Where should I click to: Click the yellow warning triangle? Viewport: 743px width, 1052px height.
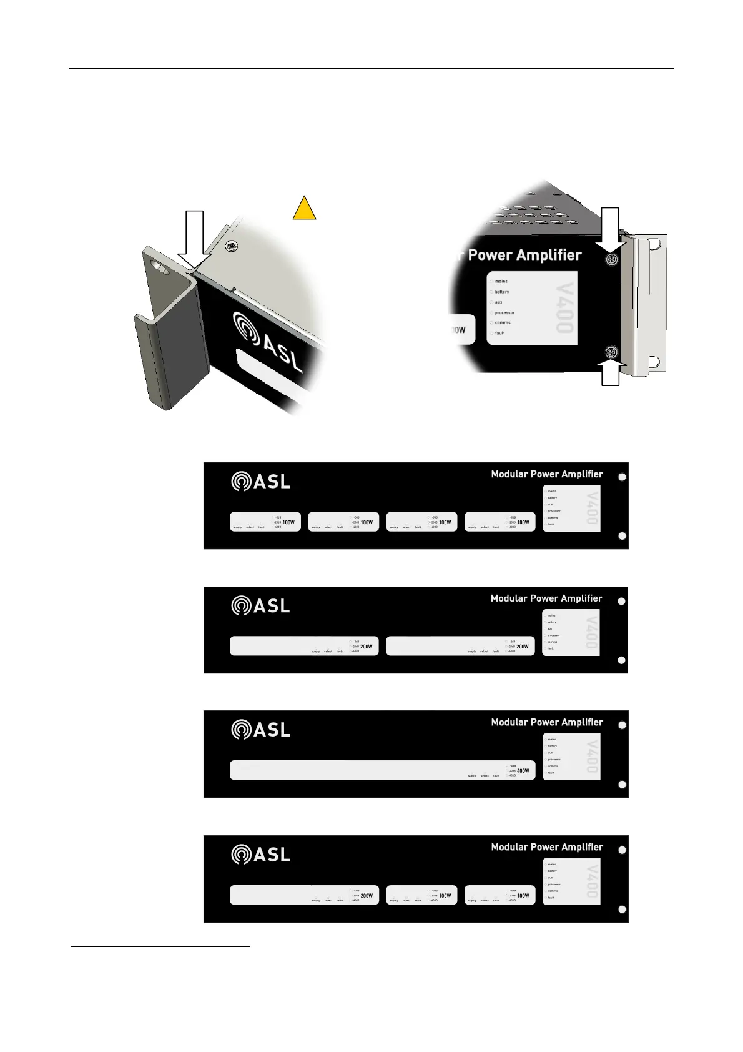304,209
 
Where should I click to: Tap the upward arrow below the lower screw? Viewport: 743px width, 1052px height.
611,374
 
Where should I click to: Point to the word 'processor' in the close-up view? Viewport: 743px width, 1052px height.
504,312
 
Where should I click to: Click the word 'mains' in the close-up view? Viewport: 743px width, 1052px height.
501,281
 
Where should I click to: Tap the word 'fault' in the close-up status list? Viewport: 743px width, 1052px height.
499,333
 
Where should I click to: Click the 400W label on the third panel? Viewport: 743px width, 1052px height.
523,771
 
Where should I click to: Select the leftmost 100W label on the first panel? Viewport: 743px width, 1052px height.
288,522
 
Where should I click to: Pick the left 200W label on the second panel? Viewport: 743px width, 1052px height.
366,647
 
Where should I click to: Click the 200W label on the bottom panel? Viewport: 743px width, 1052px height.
367,896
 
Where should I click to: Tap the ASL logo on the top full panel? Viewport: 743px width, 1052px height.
260,482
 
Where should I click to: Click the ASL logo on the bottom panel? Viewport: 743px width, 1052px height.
260,855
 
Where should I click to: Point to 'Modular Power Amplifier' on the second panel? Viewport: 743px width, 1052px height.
546,598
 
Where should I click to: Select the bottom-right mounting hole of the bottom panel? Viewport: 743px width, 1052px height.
622,910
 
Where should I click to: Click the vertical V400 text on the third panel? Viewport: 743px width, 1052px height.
591,755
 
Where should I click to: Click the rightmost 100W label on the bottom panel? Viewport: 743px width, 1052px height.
523,896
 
